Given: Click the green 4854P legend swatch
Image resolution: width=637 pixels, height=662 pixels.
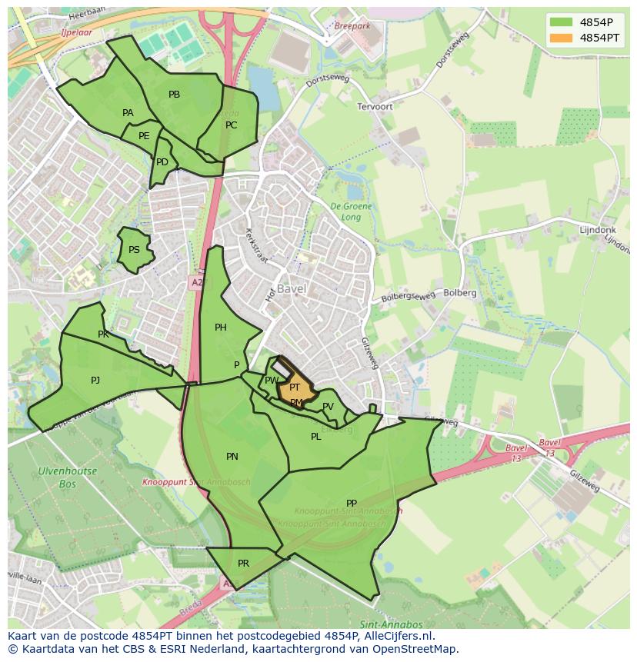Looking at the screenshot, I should tap(561, 22).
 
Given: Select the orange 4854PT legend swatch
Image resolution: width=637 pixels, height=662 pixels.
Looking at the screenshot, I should tap(561, 37).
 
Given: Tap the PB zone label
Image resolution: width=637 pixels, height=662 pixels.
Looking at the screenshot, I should tap(174, 95).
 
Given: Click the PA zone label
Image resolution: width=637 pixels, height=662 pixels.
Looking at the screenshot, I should tap(128, 113).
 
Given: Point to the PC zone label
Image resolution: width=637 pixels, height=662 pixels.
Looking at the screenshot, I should tap(231, 125).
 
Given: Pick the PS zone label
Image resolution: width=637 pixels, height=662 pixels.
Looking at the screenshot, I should tap(134, 250).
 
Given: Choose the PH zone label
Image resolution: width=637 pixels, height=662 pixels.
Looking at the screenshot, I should tap(221, 328).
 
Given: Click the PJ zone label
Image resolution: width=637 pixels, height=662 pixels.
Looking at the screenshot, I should tap(95, 380).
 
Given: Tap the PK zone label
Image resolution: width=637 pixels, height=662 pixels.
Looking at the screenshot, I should tap(103, 334).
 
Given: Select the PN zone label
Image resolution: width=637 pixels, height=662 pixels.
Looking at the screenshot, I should tap(232, 457).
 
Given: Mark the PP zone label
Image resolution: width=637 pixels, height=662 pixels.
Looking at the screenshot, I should tap(352, 504).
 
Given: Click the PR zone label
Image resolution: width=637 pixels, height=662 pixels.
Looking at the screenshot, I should tap(243, 564).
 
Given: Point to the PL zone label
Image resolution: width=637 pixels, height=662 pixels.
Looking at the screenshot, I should tap(315, 437).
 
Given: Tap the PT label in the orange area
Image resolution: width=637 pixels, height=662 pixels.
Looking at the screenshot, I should tap(295, 388).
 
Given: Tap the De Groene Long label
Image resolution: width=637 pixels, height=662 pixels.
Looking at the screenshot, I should tap(351, 211).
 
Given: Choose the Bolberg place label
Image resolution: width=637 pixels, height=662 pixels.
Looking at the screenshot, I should tap(460, 293).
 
